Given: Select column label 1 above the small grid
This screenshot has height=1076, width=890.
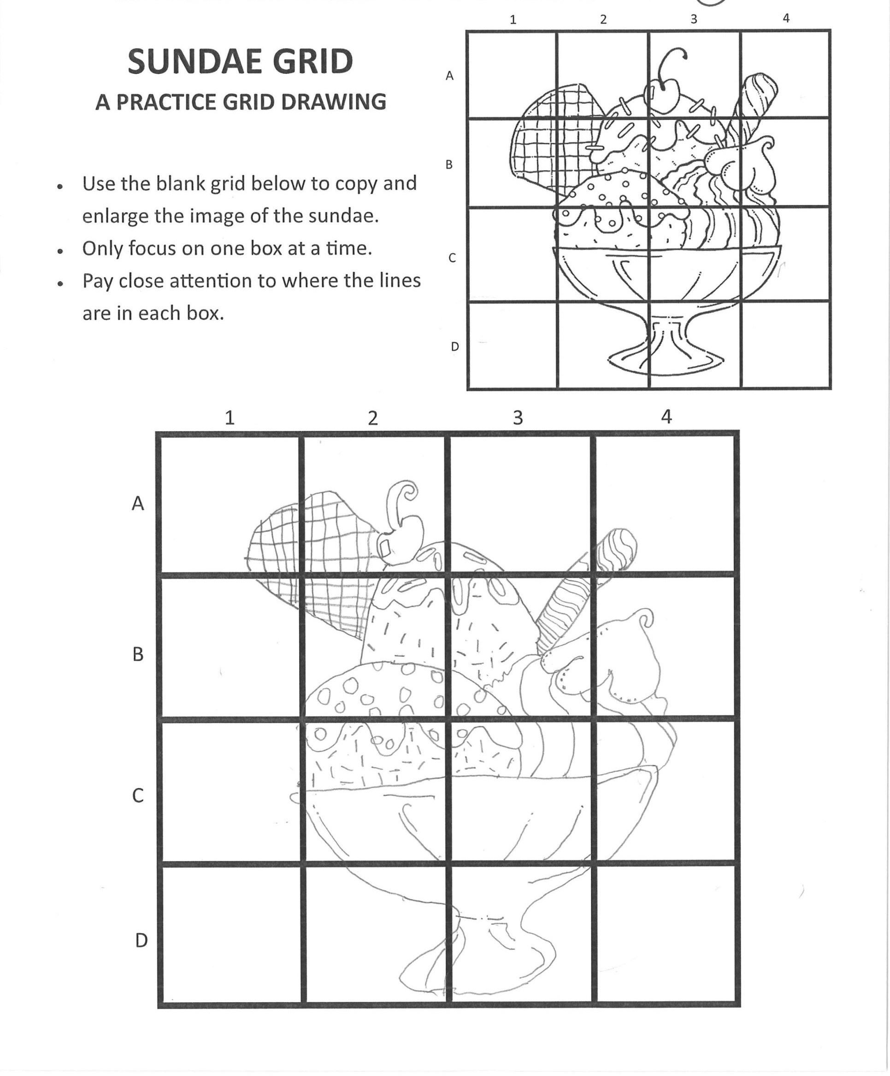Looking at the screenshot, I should (x=513, y=20).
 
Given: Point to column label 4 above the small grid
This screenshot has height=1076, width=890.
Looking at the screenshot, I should (x=786, y=18).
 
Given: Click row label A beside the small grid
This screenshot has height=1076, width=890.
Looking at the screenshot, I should (x=449, y=76).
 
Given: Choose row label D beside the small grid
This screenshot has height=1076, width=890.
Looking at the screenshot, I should (x=454, y=347).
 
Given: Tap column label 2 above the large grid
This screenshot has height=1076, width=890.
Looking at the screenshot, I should (x=372, y=418).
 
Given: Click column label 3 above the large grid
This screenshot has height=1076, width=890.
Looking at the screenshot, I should (x=518, y=417).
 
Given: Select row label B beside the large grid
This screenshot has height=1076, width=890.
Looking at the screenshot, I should (x=138, y=654).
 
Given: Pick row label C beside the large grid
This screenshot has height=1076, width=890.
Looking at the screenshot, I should (x=138, y=796).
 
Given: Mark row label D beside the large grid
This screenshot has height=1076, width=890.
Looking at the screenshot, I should (x=141, y=941).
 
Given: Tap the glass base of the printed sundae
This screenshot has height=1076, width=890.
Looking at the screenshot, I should (x=666, y=359).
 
